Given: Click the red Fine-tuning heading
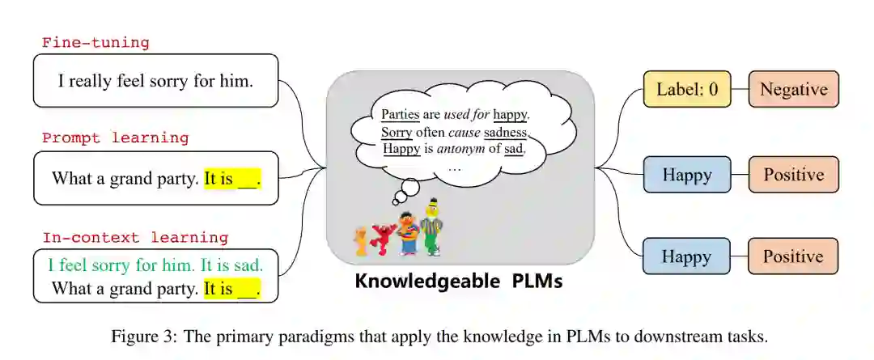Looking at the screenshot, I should pos(95,43).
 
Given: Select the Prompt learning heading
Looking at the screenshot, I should pos(115,138).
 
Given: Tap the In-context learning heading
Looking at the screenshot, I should pos(135,238).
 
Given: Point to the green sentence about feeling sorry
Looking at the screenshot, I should pos(155,265).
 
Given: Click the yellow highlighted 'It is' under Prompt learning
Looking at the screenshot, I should pos(218,178).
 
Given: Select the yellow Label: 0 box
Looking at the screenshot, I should pos(687,89).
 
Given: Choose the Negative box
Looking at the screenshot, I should pos(793,89).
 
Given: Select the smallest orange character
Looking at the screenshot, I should pos(360,241).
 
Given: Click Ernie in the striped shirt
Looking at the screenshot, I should pos(407,233).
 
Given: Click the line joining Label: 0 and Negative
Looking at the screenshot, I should pos(740,89).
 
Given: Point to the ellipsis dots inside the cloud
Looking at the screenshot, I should pos(454,167).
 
